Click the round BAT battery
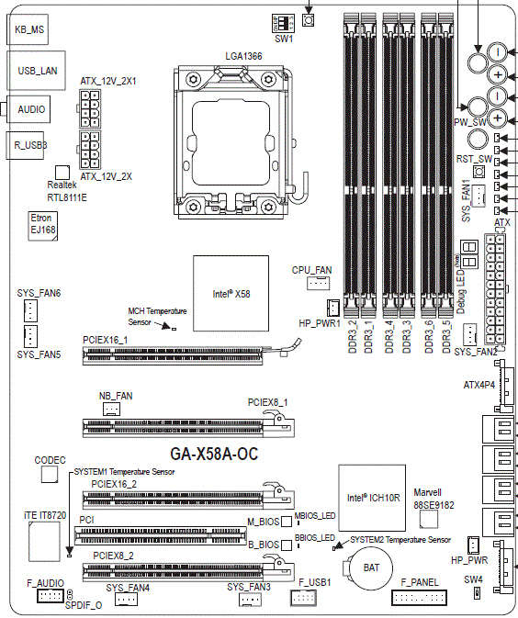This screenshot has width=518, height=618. click(370, 567)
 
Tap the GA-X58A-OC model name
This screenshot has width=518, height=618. click(215, 454)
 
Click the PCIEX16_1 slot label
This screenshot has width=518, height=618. click(105, 339)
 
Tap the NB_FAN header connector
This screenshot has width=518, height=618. click(111, 408)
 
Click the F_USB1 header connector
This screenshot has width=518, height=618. click(302, 599)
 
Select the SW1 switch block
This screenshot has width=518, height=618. click(283, 22)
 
